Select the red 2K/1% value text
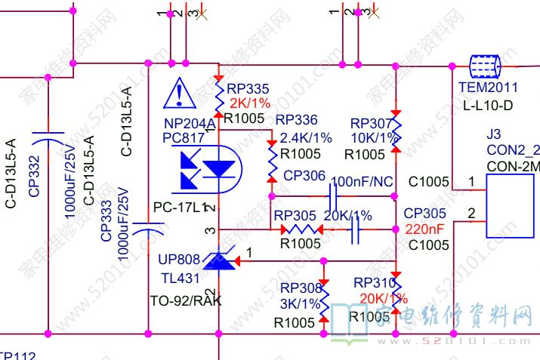pos(248,103)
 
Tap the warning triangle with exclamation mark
pos(179,92)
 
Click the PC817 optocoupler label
pos(184,138)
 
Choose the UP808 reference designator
pos(179,260)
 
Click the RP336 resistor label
pos(296,120)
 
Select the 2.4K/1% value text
pos(305,138)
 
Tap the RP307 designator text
pos(372,123)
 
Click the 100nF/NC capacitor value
pos(363,182)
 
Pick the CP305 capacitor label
pos(424,214)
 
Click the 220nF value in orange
pos(424,229)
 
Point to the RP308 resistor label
pos(301,288)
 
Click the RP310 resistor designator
pos(375,282)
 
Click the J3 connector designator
pos(493,134)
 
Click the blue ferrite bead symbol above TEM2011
pos(483,66)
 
